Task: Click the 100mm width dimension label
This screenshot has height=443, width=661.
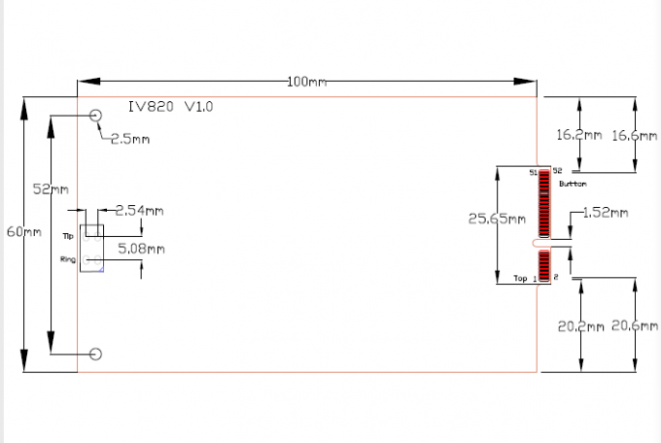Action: [306, 82]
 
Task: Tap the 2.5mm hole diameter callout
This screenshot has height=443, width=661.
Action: [129, 139]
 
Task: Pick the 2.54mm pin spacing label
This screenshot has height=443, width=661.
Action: [139, 210]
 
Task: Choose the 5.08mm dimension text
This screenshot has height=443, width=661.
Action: [141, 249]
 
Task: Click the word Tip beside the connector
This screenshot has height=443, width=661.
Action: [68, 236]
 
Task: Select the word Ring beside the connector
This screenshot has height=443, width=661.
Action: [67, 259]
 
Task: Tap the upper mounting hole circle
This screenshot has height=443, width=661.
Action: [96, 116]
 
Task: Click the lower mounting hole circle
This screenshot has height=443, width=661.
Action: [96, 354]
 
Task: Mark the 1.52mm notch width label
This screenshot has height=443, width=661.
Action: [605, 212]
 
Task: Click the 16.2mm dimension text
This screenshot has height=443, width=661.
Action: [578, 136]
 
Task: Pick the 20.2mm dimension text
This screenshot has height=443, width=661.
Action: [578, 326]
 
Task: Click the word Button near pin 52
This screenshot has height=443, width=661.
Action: [573, 182]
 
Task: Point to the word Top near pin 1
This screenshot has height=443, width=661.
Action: [520, 279]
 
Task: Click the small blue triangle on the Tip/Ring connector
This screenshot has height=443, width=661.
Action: [101, 269]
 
